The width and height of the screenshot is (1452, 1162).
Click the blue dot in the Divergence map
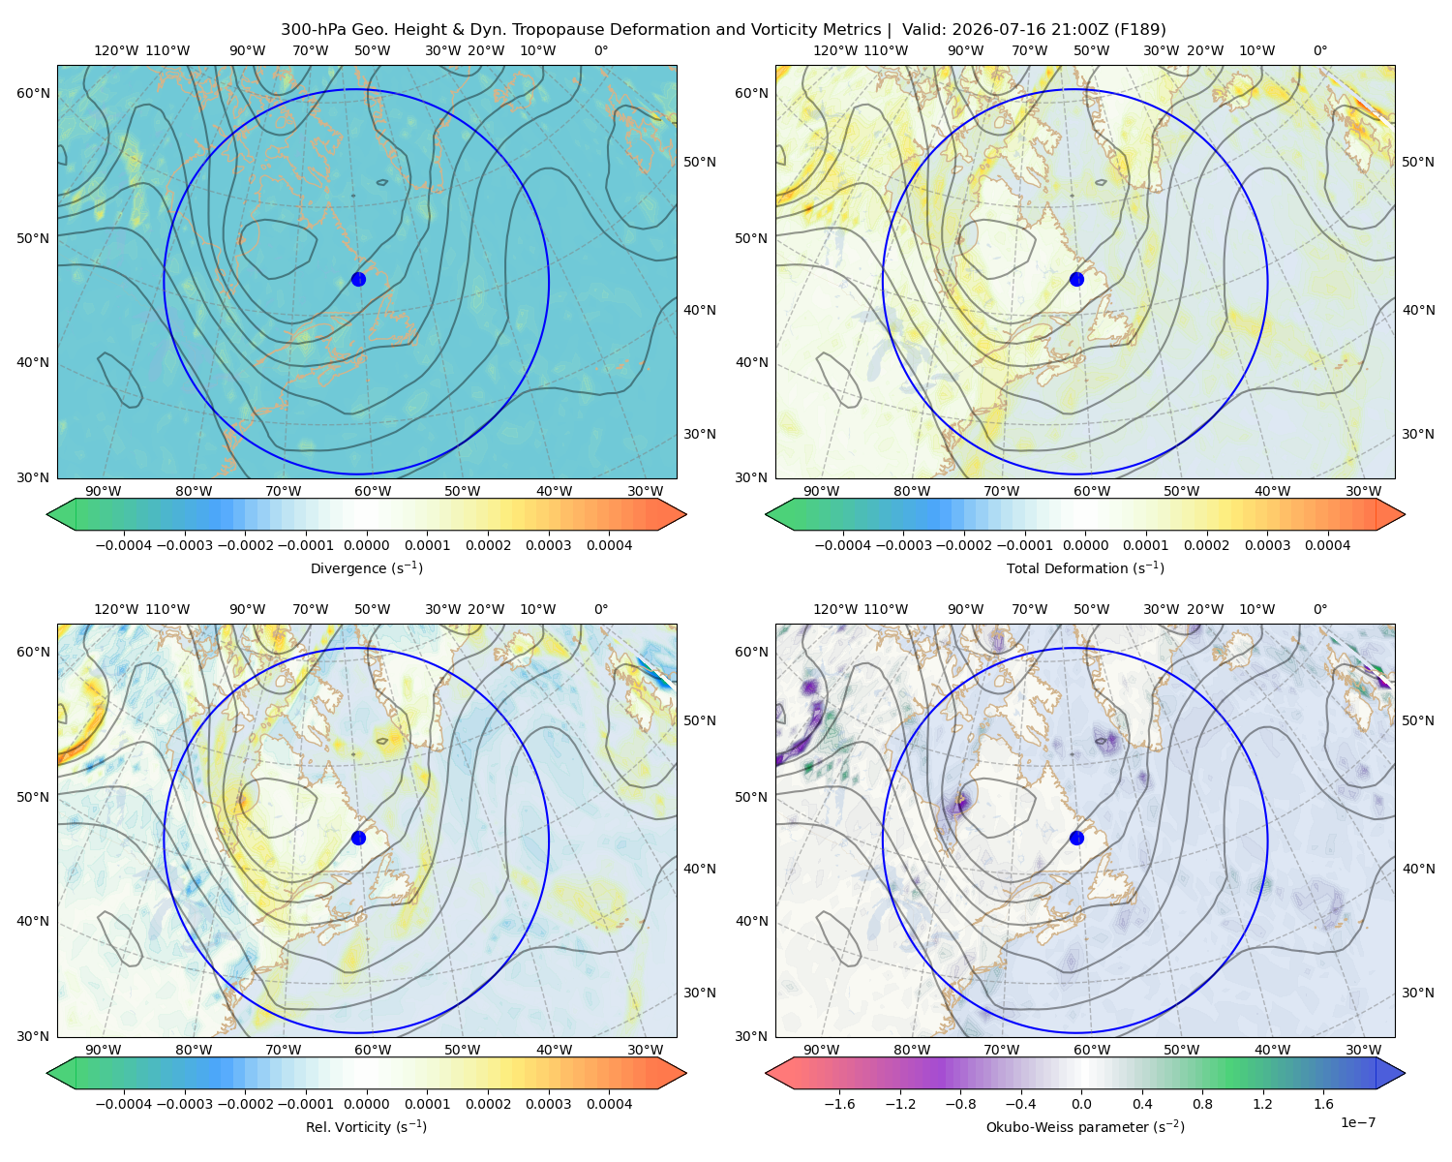tap(358, 279)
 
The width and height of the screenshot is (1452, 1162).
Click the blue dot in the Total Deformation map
tap(1076, 279)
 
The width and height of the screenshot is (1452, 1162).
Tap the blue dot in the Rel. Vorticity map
tap(358, 838)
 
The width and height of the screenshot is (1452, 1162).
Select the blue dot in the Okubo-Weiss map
tap(1076, 838)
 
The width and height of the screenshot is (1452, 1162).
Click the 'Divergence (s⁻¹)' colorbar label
tap(366, 567)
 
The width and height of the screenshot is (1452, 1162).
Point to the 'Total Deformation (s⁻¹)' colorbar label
tap(1085, 567)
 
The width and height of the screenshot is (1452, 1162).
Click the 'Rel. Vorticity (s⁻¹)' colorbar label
tap(366, 1126)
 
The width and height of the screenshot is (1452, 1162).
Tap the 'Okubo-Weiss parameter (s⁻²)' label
tap(1085, 1126)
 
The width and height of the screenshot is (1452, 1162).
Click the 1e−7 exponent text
tap(1357, 1122)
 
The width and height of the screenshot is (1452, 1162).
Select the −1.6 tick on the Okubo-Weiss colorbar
tap(839, 1103)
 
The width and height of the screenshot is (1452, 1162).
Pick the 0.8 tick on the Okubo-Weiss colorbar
tap(1202, 1103)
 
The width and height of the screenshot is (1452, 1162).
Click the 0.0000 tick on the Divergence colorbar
tap(366, 545)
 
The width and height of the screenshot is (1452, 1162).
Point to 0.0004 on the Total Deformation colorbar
tap(1327, 545)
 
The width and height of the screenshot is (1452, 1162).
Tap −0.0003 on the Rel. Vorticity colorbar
tap(184, 1103)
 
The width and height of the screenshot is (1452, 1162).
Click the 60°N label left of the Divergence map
tap(33, 93)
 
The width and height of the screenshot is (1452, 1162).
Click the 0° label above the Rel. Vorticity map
tap(600, 609)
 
